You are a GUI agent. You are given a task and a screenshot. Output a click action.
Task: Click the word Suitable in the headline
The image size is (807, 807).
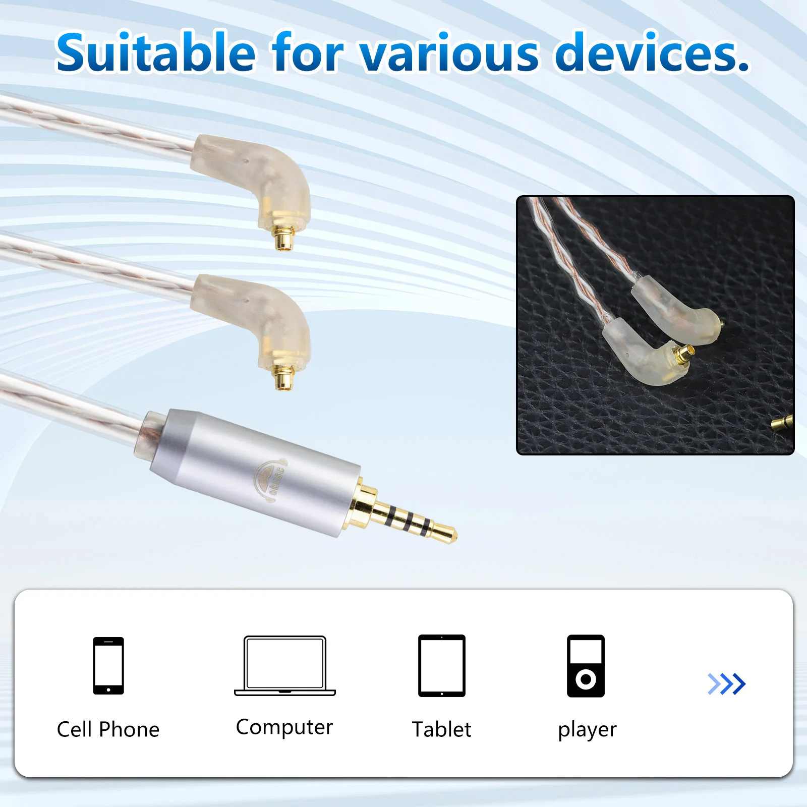(x=155, y=52)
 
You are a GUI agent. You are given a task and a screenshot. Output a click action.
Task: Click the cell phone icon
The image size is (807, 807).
(x=108, y=666)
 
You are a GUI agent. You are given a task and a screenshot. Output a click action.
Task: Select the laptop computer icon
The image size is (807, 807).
(x=285, y=666)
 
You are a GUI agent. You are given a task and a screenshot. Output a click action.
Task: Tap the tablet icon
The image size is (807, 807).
(x=442, y=666)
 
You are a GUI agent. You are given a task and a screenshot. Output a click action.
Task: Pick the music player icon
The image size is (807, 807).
(x=586, y=666)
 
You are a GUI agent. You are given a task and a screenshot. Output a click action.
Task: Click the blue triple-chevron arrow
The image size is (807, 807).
(x=726, y=684)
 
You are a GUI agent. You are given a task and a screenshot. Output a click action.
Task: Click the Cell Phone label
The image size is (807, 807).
(x=108, y=729)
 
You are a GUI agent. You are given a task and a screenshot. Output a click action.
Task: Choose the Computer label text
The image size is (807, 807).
(x=284, y=727)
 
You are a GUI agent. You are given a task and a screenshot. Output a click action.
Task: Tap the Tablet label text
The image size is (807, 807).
(x=442, y=729)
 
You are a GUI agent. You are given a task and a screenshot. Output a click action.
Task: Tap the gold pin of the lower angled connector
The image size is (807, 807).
(x=284, y=377)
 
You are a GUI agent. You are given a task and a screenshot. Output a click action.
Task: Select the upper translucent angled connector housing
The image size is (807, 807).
(x=257, y=177)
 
